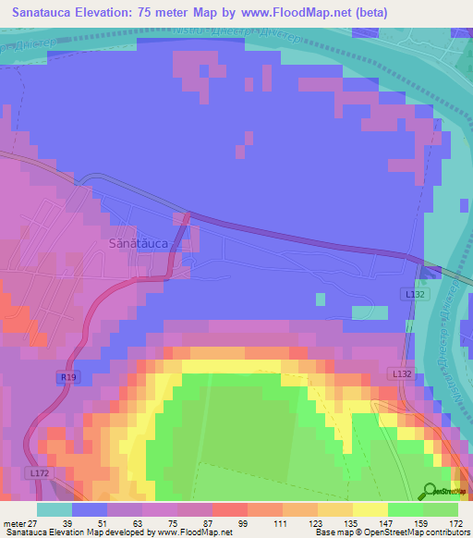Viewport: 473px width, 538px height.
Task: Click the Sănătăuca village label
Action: (138, 243)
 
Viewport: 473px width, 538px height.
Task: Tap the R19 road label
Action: (67, 377)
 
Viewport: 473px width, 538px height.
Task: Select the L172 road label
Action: (39, 472)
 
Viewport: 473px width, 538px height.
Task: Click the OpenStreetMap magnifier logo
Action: (431, 492)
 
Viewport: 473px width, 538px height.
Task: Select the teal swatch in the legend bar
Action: (55, 509)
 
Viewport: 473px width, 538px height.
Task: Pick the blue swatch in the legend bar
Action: (90, 509)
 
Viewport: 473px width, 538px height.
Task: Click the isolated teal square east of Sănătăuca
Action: (321, 299)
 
